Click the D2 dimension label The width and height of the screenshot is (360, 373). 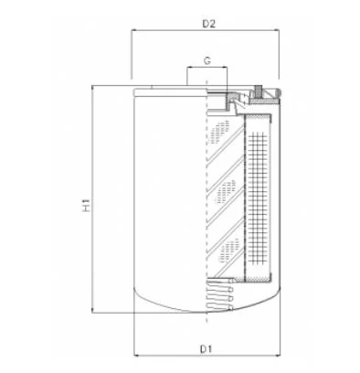[209, 24]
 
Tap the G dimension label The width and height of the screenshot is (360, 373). [207, 61]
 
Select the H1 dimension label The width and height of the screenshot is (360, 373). [87, 205]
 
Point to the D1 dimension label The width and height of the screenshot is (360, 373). [206, 349]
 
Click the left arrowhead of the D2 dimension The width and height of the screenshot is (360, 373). [133, 30]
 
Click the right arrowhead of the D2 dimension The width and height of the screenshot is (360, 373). [277, 30]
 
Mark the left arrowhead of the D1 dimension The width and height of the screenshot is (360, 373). [137, 356]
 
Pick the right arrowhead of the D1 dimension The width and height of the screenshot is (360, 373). [278, 356]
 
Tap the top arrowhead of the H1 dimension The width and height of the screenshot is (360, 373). [92, 88]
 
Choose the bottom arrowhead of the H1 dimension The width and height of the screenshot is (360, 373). [92, 310]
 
